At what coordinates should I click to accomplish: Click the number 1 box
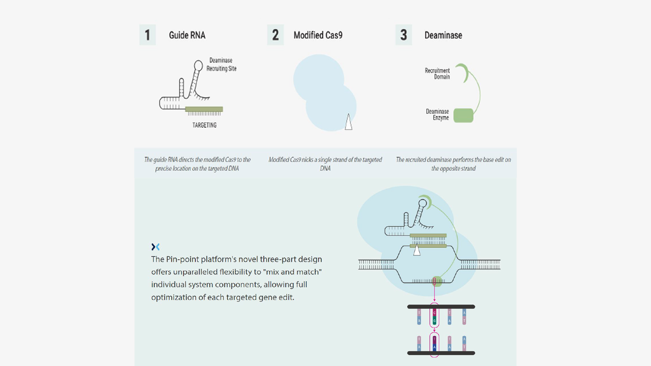point(147,35)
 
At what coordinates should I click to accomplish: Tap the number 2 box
point(275,35)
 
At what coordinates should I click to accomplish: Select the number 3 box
point(403,35)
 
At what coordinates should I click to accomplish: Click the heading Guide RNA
point(187,35)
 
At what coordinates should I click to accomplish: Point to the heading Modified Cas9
point(318,35)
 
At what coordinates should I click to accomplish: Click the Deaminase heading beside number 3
point(443,35)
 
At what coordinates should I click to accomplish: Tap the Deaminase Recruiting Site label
point(221,64)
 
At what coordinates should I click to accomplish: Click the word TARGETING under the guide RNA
point(204,125)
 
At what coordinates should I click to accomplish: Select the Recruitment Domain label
point(437,74)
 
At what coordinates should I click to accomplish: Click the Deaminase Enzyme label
point(437,115)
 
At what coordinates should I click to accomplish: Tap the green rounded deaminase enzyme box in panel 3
point(463,115)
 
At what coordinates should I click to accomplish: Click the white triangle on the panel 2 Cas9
point(349,122)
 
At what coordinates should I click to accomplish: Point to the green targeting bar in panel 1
point(204,109)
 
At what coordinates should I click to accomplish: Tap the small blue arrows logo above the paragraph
point(155,247)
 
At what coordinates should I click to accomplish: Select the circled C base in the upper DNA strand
point(434,313)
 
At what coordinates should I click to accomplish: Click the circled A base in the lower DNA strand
point(434,347)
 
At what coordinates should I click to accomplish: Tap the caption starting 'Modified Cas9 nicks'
point(325,164)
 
